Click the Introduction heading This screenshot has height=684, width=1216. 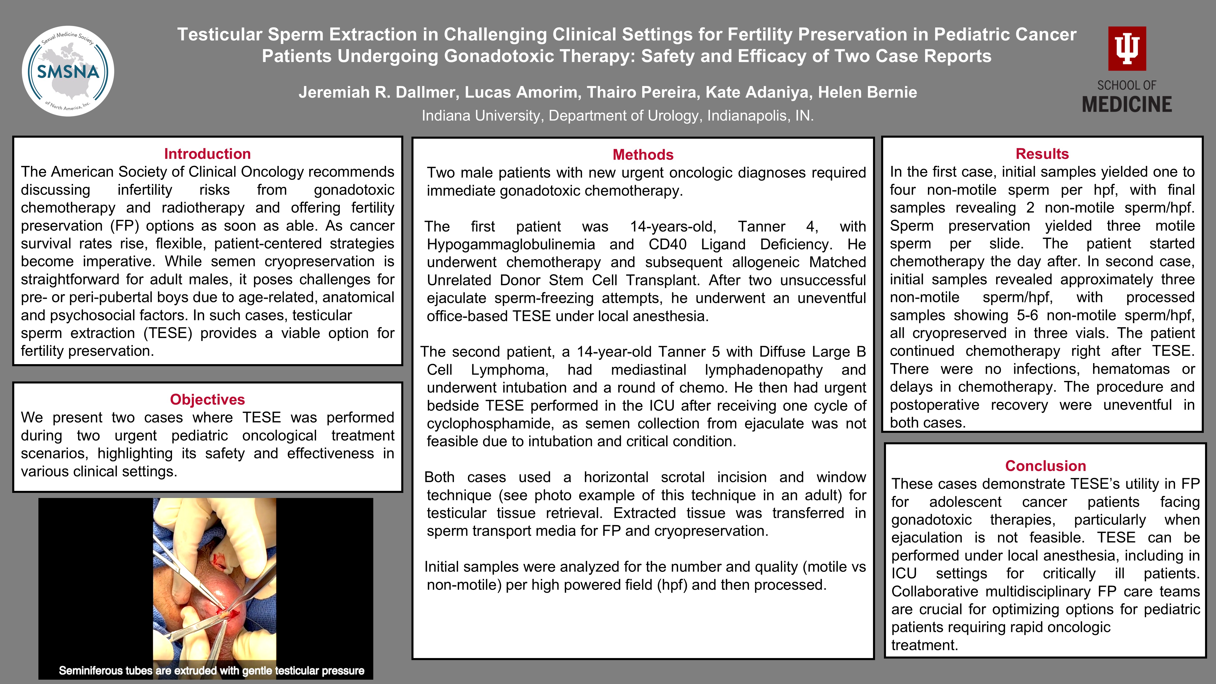click(x=207, y=154)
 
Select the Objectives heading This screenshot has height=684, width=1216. click(x=207, y=399)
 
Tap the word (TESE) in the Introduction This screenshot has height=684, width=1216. click(x=168, y=333)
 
